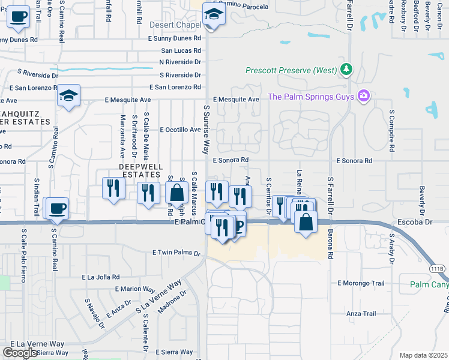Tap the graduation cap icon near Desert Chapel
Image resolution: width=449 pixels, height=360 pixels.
[x=213, y=15]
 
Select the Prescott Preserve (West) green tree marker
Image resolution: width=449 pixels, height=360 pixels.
[x=346, y=70]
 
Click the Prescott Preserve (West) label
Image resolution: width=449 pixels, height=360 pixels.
[x=291, y=70]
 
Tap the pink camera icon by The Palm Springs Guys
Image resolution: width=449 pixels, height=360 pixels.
[x=363, y=96]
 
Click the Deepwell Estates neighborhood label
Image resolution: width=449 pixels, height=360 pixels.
[x=139, y=170]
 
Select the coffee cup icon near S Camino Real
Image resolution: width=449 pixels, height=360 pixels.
[x=58, y=209]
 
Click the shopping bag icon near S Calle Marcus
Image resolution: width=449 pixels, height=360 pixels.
[x=176, y=193]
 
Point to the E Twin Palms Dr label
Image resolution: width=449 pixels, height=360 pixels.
[x=176, y=253]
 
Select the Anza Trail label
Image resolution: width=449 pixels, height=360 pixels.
[x=361, y=313]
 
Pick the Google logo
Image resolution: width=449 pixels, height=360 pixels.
[x=20, y=353]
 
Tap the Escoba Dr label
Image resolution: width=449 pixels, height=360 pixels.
[x=411, y=222]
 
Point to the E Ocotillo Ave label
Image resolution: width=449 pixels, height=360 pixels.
[x=180, y=130]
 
